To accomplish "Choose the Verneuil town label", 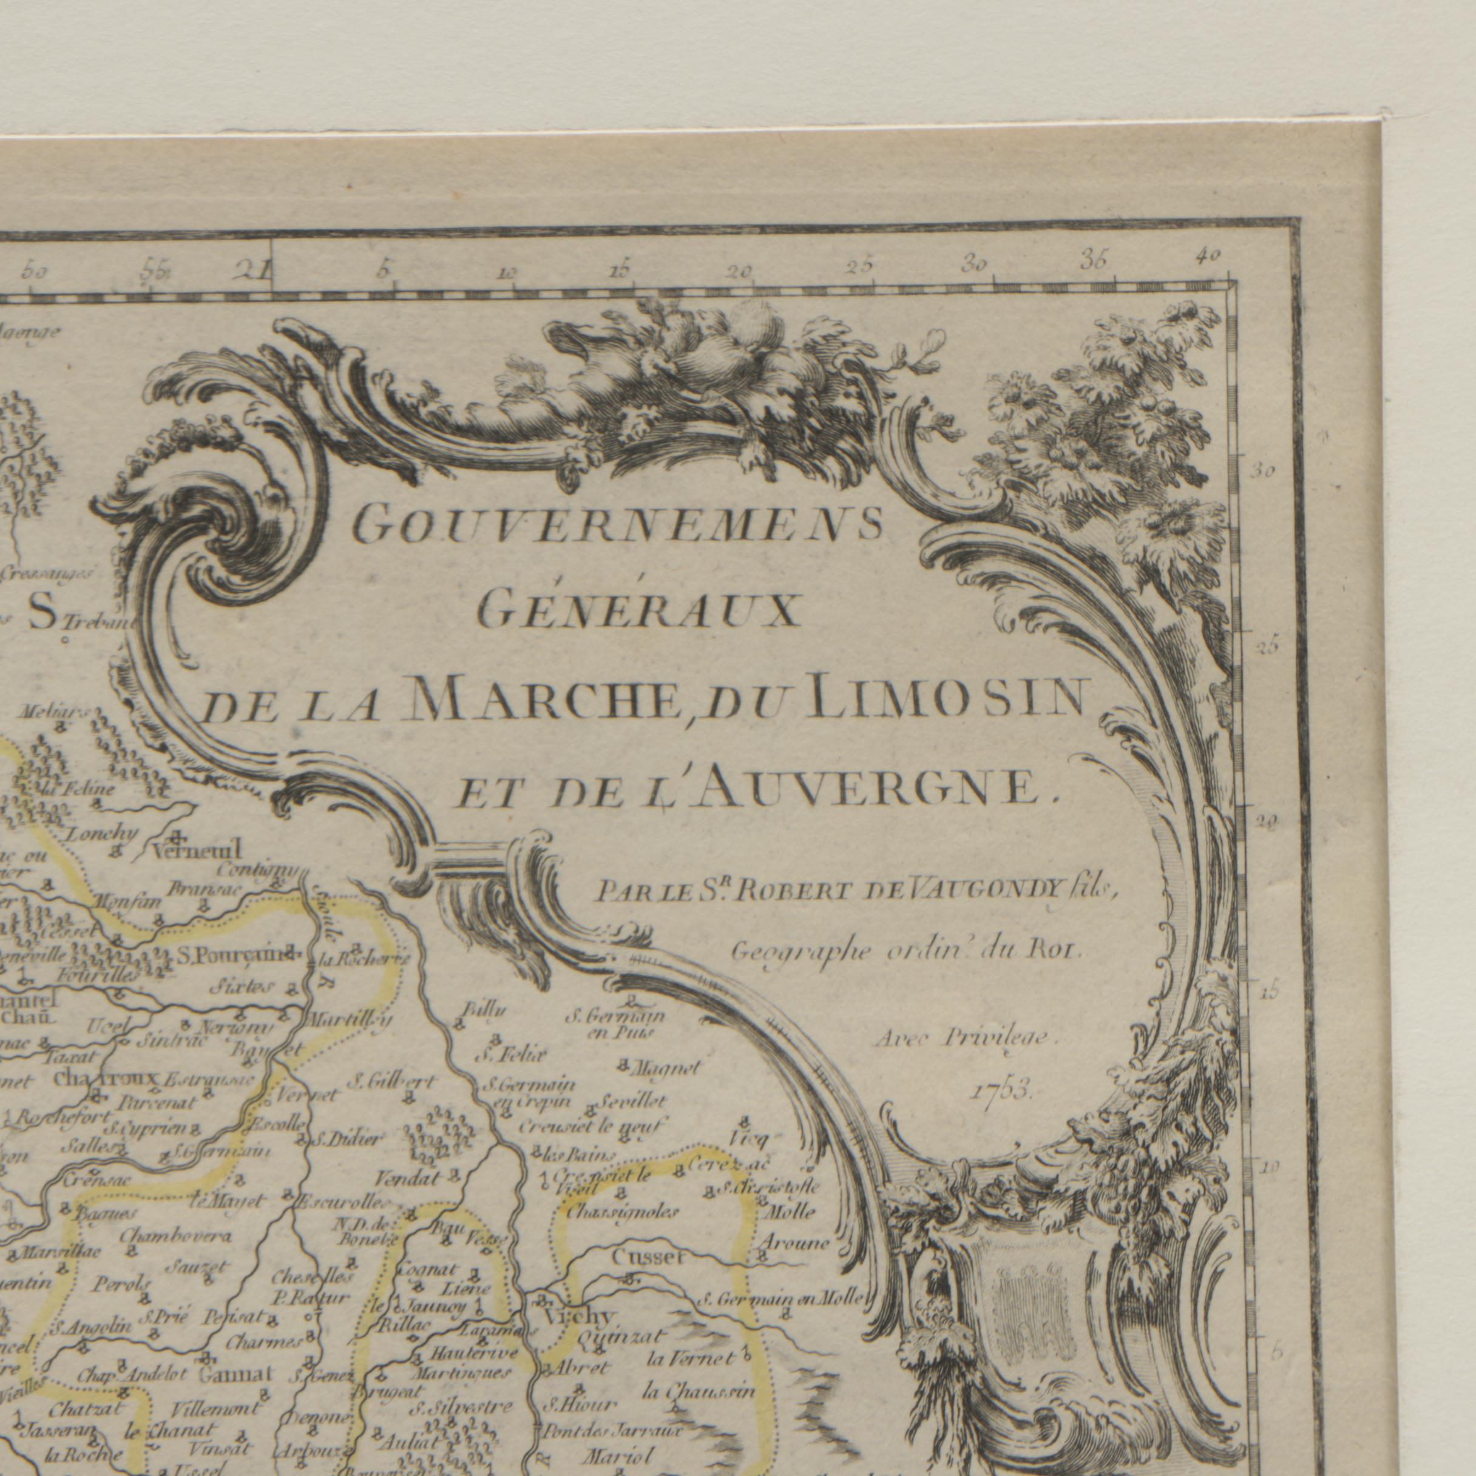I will click(197, 849).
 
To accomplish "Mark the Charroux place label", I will click(106, 1078).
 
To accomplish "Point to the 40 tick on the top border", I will click(1210, 257).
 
